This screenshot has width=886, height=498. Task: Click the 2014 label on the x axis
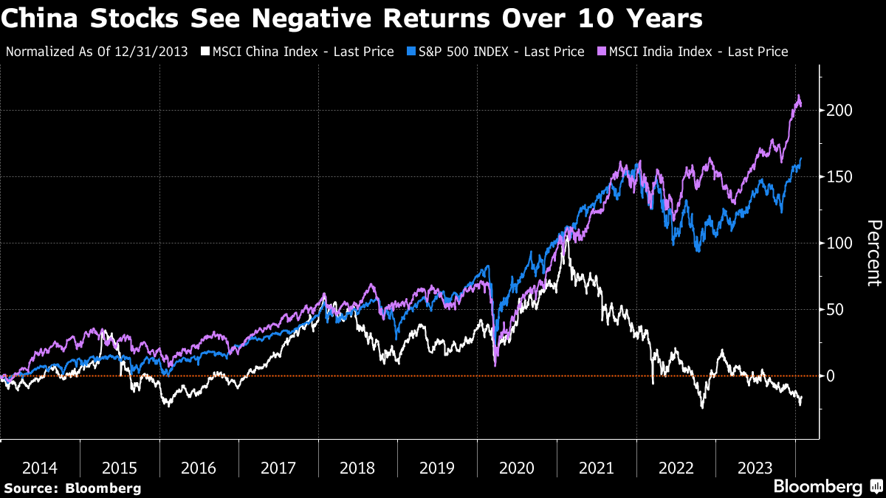click(x=40, y=468)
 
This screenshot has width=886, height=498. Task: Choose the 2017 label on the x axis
click(x=278, y=468)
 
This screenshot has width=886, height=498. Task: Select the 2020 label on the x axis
click(x=516, y=468)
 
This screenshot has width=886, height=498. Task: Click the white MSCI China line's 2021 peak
click(x=566, y=237)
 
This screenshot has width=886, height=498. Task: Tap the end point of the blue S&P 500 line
click(x=801, y=158)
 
